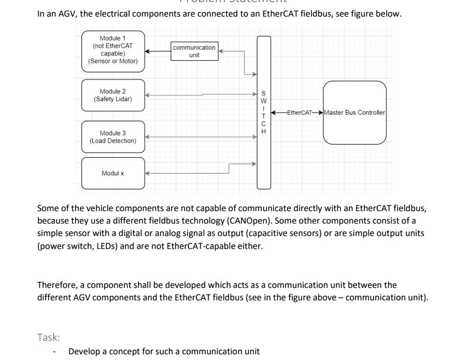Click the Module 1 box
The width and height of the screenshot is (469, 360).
tap(113, 50)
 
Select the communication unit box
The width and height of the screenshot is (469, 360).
tap(194, 51)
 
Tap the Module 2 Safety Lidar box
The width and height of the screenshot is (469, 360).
tap(113, 95)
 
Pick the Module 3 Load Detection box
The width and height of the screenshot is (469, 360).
tap(113, 137)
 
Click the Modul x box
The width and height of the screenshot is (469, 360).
tap(113, 173)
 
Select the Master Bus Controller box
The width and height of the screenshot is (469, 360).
tap(354, 113)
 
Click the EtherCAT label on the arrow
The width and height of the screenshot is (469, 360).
tap(298, 113)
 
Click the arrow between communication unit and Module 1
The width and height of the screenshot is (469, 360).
tap(158, 51)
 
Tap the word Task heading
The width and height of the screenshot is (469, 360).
tap(49, 337)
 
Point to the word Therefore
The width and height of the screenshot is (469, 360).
tap(58, 285)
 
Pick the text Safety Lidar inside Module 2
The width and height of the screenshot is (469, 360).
tap(113, 99)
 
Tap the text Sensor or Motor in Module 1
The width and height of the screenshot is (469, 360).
tap(113, 61)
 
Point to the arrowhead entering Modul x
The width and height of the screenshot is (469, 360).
tap(148, 173)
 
